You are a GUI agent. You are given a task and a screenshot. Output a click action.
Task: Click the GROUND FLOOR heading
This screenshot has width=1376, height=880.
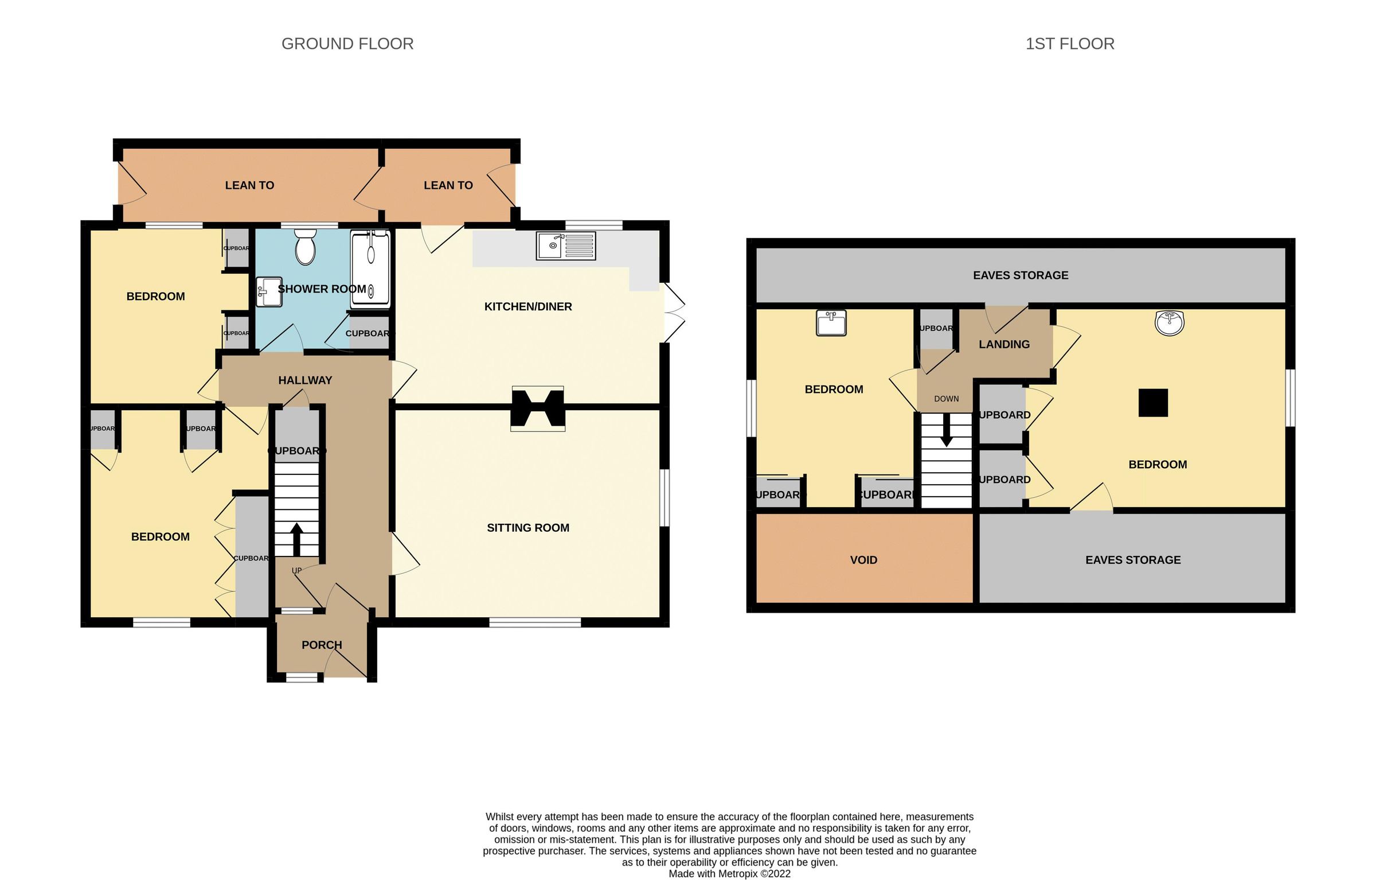pyautogui.click(x=347, y=44)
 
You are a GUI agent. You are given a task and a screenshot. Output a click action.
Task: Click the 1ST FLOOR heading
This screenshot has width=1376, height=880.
pyautogui.click(x=1069, y=44)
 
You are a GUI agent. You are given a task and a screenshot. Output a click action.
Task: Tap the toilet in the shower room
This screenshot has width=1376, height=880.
pyautogui.click(x=305, y=247)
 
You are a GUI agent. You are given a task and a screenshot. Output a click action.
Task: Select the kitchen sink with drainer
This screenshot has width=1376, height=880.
pyautogui.click(x=565, y=246)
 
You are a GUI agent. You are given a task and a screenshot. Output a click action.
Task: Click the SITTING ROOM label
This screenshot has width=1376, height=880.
pyautogui.click(x=527, y=528)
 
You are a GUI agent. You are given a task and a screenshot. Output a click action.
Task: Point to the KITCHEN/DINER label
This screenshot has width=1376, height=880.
pyautogui.click(x=527, y=306)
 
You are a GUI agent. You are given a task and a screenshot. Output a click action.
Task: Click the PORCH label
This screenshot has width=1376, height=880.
pyautogui.click(x=322, y=645)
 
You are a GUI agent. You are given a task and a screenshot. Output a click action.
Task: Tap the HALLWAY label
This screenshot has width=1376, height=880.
pyautogui.click(x=305, y=380)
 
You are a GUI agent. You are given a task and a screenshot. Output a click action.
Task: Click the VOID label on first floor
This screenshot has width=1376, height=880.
pyautogui.click(x=863, y=560)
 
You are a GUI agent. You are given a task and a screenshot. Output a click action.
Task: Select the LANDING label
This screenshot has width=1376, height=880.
pyautogui.click(x=1004, y=344)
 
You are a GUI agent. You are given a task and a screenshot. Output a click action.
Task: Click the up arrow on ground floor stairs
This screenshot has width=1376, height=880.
pyautogui.click(x=297, y=538)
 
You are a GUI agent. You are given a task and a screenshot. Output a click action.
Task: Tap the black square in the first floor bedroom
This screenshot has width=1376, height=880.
pyautogui.click(x=1153, y=403)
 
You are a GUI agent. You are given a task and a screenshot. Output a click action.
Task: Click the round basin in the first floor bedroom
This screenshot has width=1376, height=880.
pyautogui.click(x=1169, y=323)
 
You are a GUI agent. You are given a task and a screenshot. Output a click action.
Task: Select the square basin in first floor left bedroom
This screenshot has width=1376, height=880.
pyautogui.click(x=831, y=323)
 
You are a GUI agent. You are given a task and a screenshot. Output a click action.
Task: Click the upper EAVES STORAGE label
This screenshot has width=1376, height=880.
pyautogui.click(x=1020, y=275)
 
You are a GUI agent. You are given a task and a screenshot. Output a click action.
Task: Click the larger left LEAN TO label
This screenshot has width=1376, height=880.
pyautogui.click(x=249, y=185)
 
